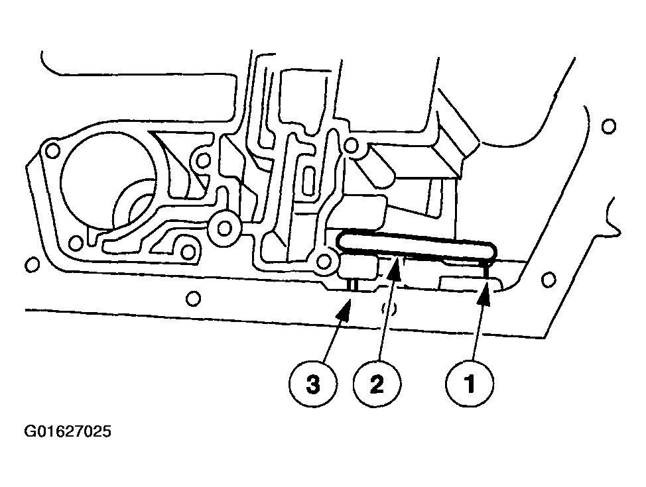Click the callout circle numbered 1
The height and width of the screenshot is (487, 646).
point(470,384)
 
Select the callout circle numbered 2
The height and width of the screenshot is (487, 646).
point(377,384)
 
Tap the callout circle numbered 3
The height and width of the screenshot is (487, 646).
point(313,384)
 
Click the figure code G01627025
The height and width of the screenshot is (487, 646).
point(68,431)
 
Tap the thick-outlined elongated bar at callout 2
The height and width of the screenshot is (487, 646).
point(417,246)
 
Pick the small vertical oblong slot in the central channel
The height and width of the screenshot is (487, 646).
point(308,180)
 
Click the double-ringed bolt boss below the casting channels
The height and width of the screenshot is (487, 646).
point(225,228)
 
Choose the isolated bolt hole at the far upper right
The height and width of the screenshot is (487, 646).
point(608,126)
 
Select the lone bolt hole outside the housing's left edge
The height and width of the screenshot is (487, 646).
point(32,264)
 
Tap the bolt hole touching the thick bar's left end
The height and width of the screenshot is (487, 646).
point(324,261)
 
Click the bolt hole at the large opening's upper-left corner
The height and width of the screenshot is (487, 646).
point(52,151)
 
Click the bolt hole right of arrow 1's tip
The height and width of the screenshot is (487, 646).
point(548,280)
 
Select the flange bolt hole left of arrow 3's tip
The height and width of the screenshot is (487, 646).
point(193,298)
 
